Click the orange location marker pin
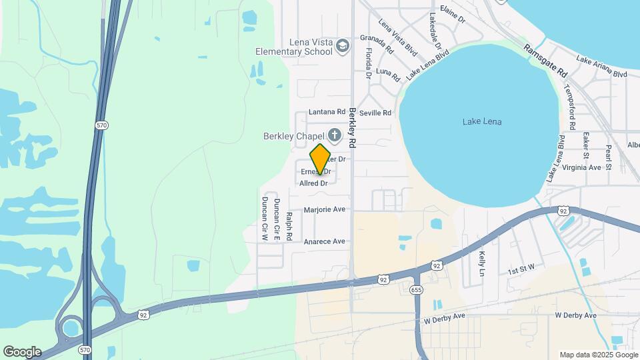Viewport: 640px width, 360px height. [320, 159]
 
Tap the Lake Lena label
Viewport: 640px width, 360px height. [481, 121]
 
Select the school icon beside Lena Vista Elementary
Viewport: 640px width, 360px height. [343, 46]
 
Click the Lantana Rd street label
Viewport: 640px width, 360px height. [326, 113]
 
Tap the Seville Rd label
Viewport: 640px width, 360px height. [375, 113]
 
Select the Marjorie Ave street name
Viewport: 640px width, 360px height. [325, 209]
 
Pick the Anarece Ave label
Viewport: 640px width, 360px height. [325, 241]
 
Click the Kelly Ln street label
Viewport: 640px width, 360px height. [481, 263]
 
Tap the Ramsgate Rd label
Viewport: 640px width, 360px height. [545, 60]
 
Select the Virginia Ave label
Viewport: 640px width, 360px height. [582, 167]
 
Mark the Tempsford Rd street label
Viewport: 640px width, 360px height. [571, 107]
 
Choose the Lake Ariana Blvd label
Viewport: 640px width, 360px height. [602, 68]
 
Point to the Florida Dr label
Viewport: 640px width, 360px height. [368, 63]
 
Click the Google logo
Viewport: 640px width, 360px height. [22, 352]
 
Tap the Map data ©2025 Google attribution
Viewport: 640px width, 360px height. [598, 355]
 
